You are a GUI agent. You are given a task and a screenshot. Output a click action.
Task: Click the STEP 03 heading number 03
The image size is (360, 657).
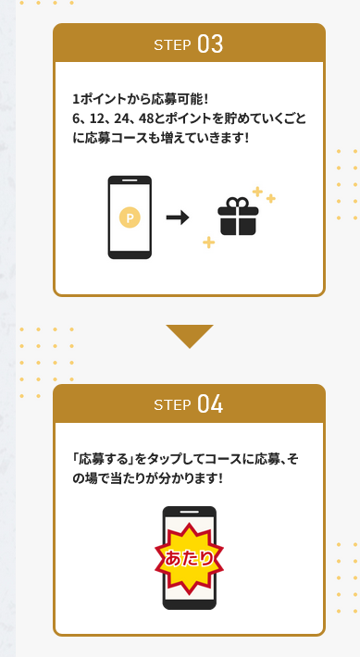point(210,44)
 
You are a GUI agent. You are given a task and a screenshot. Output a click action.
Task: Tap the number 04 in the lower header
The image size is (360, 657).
point(210,404)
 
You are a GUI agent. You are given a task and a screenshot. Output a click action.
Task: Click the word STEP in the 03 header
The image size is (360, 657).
point(172,44)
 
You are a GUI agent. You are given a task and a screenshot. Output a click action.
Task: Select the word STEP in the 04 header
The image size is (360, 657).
point(172,405)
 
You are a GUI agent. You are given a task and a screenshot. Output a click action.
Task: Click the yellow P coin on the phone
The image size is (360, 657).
point(130,217)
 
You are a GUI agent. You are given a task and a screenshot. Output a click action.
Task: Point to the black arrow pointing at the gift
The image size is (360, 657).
point(178,217)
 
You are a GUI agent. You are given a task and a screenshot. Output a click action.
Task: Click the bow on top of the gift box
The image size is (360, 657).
point(238,203)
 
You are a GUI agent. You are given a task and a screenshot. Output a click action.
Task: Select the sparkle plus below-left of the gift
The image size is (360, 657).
point(209,242)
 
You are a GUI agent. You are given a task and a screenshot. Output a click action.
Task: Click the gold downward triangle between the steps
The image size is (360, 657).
point(190,336)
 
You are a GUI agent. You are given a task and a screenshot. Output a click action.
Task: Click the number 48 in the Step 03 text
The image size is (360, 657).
point(146,119)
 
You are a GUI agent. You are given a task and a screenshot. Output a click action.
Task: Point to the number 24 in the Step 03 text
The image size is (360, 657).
point(120,119)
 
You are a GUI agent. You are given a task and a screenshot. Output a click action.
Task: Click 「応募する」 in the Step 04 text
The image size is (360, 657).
point(103,460)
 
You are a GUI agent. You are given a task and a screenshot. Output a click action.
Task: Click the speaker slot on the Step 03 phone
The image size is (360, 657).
point(130,180)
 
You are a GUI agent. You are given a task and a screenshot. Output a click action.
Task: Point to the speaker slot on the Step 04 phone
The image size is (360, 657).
point(189,512)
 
